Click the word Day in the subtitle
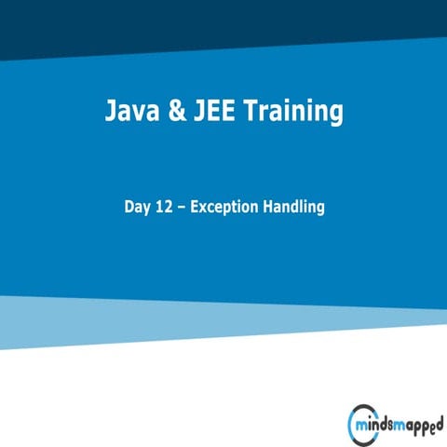coord(138,208)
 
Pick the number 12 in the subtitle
coord(167,207)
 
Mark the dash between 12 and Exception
coord(183,208)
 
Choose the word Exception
coord(224,208)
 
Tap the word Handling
coord(294,208)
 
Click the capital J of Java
coord(109,114)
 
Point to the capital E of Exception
coord(195,207)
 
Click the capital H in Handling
coord(270,207)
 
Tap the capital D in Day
coord(129,207)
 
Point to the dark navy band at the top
coord(223,23)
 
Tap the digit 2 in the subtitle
coord(170,207)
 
